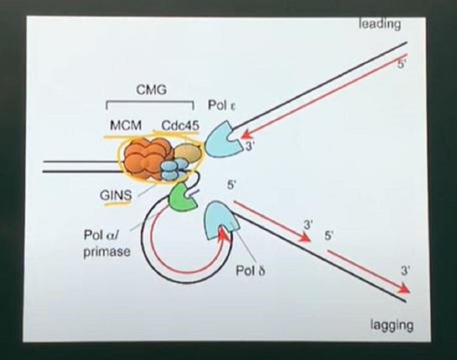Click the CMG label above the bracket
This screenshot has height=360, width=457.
tap(151, 90)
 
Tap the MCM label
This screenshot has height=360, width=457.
tap(126, 125)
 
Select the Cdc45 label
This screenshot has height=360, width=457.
tap(181, 125)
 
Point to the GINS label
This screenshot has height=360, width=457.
tap(116, 195)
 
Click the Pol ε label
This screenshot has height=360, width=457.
tap(222, 105)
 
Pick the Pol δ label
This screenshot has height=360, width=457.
tap(250, 271)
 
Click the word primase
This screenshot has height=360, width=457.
tap(107, 252)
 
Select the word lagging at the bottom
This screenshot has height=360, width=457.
tap(392, 325)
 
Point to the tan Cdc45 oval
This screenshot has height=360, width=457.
tap(187, 153)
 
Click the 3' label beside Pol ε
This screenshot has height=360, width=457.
tap(250, 146)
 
